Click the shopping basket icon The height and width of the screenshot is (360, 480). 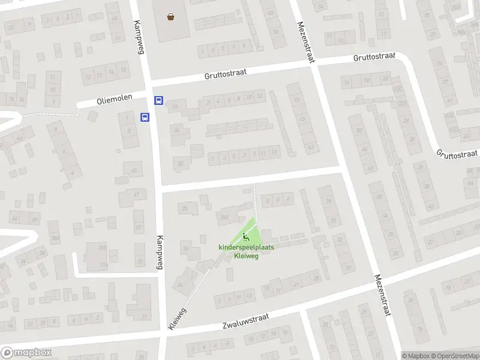tap(172, 17)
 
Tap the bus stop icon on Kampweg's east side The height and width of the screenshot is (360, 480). tap(158, 101)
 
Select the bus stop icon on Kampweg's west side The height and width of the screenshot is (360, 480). tap(145, 117)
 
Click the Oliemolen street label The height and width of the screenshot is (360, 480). tap(112, 101)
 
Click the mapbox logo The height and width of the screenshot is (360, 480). tap(26, 352)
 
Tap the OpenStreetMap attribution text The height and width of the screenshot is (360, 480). tap(454, 356)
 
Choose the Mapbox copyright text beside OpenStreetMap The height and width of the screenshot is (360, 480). tap(416, 356)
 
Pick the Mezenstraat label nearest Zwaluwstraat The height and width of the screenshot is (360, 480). tap(382, 295)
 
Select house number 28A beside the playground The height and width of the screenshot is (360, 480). tap(224, 217)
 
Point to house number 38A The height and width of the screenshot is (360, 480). tap(55, 238)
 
